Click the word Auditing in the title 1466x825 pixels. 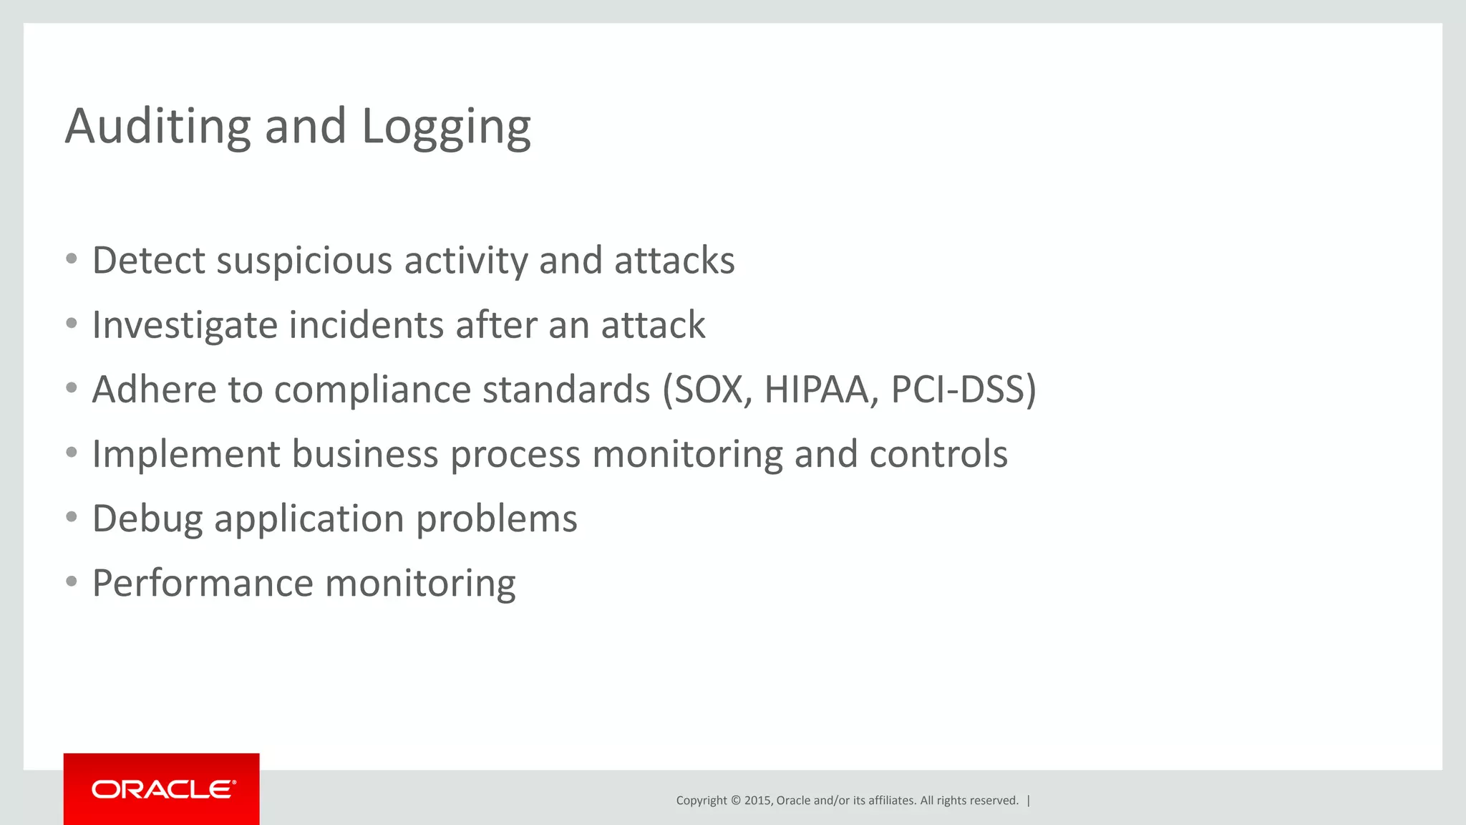click(157, 126)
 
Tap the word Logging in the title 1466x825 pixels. click(446, 127)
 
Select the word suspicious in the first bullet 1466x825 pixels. click(304, 261)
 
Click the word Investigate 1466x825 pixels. click(185, 326)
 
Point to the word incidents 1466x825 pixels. click(366, 325)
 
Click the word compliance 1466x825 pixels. click(372, 390)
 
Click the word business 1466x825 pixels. click(364, 454)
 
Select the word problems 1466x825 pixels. click(496, 518)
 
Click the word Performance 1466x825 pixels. click(203, 583)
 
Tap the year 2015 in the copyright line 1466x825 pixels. click(757, 801)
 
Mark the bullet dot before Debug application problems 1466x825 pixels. click(71, 517)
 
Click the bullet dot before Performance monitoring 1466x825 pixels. click(71, 582)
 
